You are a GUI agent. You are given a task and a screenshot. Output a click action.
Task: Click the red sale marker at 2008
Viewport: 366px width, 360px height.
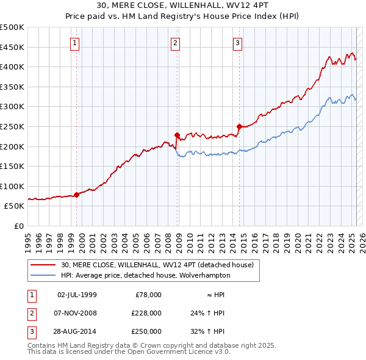(177, 135)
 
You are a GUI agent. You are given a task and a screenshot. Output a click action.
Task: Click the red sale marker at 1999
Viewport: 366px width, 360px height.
(77, 195)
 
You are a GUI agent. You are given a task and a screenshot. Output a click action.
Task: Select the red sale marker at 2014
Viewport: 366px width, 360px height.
(239, 126)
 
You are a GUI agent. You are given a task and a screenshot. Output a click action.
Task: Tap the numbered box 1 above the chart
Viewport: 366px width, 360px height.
(74, 43)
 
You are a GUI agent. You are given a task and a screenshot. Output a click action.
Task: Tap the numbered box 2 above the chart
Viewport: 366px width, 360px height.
(175, 43)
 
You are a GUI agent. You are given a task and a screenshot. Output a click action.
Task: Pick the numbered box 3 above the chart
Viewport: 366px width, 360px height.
(237, 43)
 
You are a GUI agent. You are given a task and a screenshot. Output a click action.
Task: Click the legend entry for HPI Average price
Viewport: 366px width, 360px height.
(145, 275)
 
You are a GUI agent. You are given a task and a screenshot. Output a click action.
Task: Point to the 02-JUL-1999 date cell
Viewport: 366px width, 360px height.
(77, 295)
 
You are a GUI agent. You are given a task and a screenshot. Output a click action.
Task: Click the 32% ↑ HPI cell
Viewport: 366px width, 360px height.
(208, 331)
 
